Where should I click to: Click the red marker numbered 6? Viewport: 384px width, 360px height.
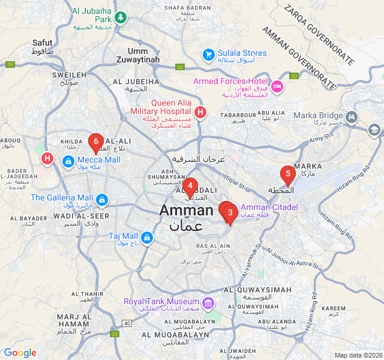[x=95, y=142]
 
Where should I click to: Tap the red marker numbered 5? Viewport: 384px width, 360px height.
[x=288, y=175]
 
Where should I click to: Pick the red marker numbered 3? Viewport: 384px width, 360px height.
[x=230, y=212]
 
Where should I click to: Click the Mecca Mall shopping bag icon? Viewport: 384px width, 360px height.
[x=68, y=160]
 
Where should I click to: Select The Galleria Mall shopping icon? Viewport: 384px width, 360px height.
[x=101, y=199]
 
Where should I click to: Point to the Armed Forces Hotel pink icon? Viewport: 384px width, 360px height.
[x=277, y=86]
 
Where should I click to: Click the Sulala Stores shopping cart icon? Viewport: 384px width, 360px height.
[x=208, y=55]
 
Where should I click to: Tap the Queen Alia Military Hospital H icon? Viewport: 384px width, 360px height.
[x=200, y=111]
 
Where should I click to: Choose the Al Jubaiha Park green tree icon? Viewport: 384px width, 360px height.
[x=121, y=17]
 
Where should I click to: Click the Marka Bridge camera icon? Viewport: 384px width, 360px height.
[x=353, y=116]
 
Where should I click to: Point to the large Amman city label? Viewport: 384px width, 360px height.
[x=186, y=211]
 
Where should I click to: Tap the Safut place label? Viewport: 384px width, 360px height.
[x=43, y=43]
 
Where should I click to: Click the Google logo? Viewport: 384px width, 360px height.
[x=20, y=353]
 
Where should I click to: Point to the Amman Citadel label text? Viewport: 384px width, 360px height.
[x=269, y=208]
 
